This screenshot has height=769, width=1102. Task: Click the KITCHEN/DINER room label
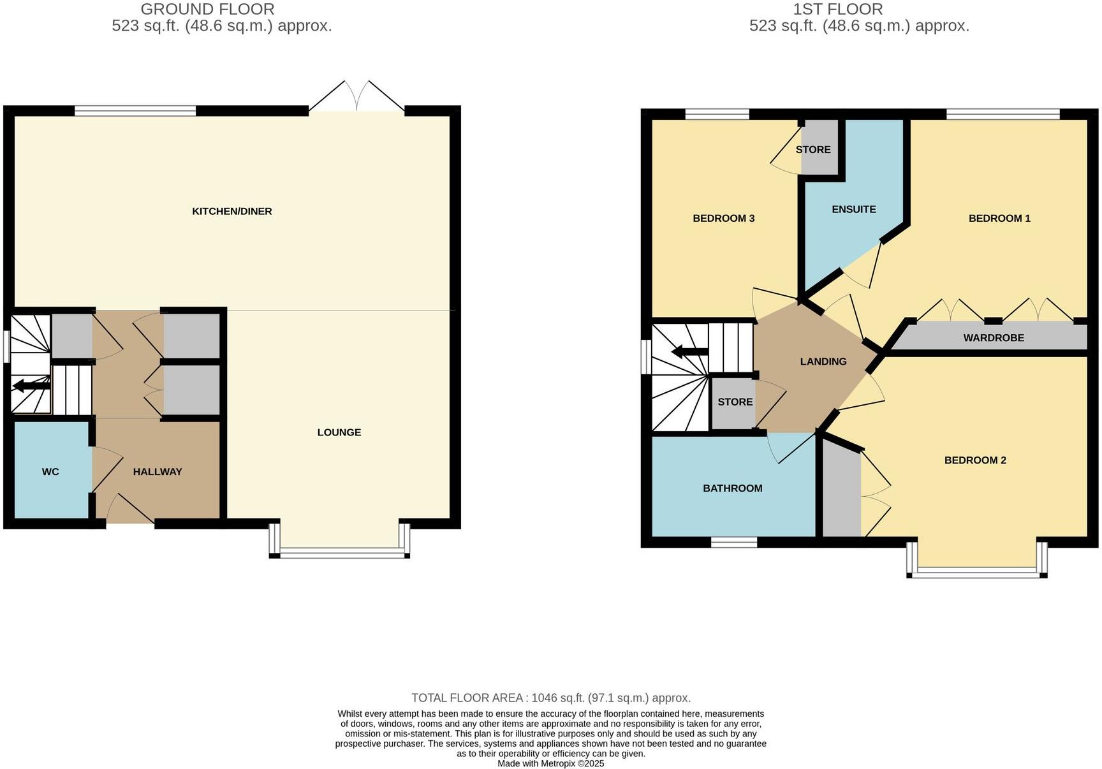pos(231,211)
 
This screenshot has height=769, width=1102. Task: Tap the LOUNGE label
pos(339,432)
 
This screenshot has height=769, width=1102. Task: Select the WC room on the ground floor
pos(50,472)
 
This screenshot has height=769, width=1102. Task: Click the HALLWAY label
pos(158,472)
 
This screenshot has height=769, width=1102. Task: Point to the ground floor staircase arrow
pos(31,386)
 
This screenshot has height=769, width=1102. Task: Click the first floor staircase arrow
pos(689,351)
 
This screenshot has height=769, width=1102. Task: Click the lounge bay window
pos(339,553)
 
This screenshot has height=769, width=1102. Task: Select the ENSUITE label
pos(853,209)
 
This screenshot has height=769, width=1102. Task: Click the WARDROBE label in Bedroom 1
pos(993,338)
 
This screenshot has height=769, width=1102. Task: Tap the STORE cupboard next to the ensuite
pos(813,149)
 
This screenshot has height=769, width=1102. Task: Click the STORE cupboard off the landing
pos(735,402)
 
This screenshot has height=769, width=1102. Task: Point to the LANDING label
pos(823,362)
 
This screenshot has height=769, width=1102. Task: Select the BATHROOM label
pos(732,488)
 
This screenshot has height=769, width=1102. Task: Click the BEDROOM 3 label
pos(723,218)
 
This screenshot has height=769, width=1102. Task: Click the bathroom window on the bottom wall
pos(733,543)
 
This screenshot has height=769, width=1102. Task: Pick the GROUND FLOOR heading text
pos(207,9)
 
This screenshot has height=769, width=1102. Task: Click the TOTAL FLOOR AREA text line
pos(550,698)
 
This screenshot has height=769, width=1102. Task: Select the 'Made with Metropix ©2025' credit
pos(550,763)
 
